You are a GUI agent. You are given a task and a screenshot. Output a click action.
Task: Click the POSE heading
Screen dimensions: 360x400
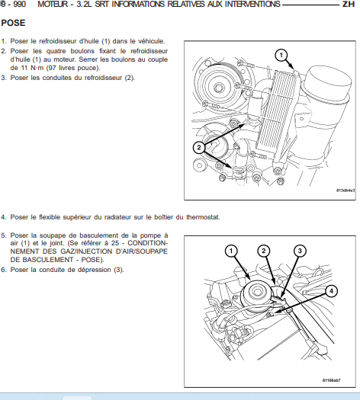[13, 23]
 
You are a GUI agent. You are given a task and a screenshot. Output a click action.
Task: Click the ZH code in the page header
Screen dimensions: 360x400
[349, 4]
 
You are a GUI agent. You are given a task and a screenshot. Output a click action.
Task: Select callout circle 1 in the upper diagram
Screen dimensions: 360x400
[281, 55]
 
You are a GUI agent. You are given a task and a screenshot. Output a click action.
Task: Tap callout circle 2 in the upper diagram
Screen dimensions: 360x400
[199, 147]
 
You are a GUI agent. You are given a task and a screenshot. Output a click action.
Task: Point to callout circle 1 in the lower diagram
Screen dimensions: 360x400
[231, 251]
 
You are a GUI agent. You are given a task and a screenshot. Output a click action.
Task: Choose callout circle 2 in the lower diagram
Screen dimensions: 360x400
[264, 251]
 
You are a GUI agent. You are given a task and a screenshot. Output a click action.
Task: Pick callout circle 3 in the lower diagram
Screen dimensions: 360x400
[300, 251]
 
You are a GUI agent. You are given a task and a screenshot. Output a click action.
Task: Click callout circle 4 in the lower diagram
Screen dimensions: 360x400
[331, 291]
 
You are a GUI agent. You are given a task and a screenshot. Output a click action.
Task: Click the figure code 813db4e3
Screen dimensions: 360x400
[346, 190]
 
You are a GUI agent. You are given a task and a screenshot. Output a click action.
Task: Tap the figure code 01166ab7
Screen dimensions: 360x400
[332, 380]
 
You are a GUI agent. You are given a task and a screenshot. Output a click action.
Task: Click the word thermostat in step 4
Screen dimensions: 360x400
[203, 217]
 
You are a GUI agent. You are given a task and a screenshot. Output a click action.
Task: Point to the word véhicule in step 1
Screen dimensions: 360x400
[152, 41]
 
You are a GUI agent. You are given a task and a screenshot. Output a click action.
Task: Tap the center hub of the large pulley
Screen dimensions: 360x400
[218, 88]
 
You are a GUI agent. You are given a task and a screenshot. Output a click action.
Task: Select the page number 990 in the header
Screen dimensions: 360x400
[19, 4]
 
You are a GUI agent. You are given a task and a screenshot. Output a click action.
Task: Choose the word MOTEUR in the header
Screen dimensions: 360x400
[53, 4]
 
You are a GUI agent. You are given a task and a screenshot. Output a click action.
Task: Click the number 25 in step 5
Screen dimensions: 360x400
[115, 243]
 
